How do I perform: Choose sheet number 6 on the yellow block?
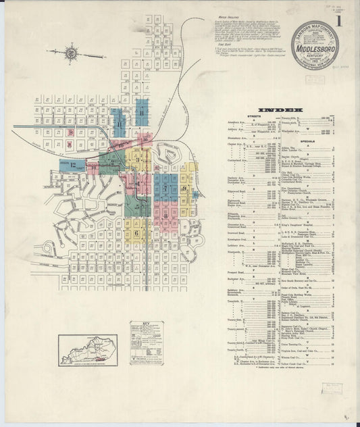pyautogui.click(x=136, y=232)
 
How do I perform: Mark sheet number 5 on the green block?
pyautogui.click(x=137, y=205)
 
